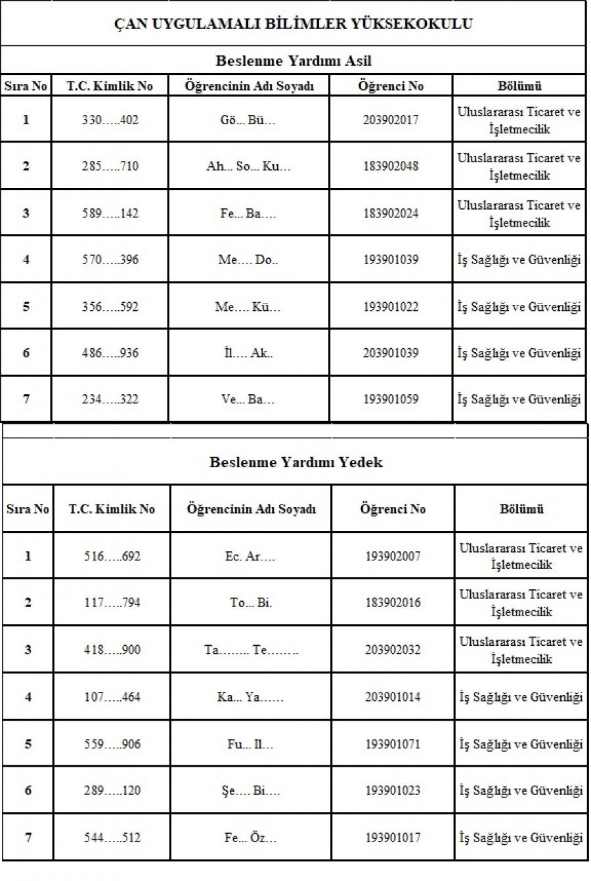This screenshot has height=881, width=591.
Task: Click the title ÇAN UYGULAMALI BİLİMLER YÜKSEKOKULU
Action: pos(293,24)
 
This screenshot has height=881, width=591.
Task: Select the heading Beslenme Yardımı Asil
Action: pos(293,61)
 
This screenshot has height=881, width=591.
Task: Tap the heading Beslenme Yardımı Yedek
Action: pos(295,462)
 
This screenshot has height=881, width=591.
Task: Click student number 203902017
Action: pos(390,120)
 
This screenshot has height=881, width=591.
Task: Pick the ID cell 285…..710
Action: pos(110,166)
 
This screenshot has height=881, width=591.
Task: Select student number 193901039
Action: pos(390,260)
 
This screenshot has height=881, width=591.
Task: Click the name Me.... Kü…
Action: pos(248,307)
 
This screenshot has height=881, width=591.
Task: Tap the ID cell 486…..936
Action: pos(110,353)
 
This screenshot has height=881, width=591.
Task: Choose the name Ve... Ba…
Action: pos(248,399)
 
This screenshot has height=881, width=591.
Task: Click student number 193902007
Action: pos(393,556)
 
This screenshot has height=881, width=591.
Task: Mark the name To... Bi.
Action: pos(251,602)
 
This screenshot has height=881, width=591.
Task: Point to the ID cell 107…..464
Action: pos(112,696)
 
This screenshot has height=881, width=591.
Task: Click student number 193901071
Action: pos(393,744)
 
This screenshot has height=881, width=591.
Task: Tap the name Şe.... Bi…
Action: pos(251,790)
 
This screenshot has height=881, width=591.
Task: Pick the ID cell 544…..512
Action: pos(112,838)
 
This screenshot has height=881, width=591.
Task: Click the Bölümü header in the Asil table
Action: pos(519,86)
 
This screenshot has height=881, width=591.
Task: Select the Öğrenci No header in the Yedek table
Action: pos(393,508)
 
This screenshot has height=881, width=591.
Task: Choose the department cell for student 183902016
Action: pos(521,602)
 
